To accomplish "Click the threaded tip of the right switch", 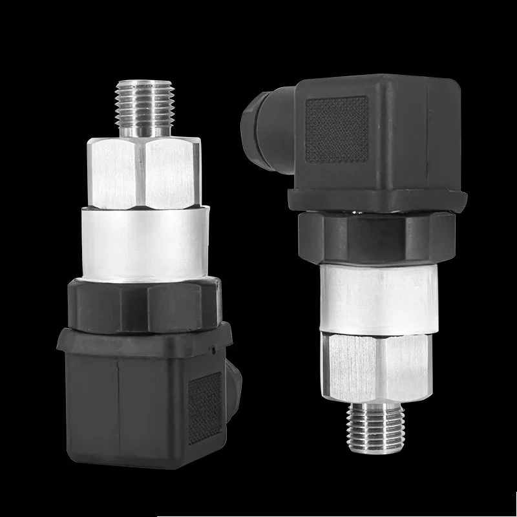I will [x=377, y=430].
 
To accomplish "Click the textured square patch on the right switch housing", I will [x=336, y=129].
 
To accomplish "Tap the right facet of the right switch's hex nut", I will [x=404, y=365].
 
